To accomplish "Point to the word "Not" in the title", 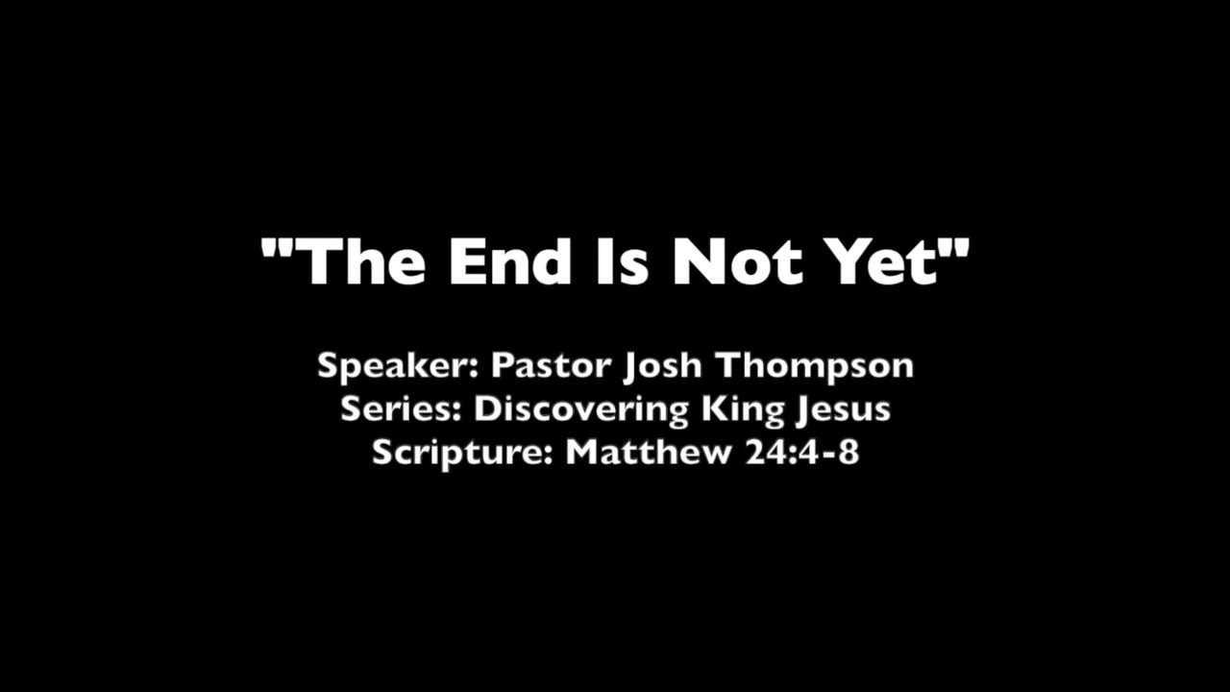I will click(737, 260).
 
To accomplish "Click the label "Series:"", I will click(402, 408).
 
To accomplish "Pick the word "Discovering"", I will click(582, 410).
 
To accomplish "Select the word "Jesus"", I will click(843, 410).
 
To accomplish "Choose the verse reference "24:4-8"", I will click(801, 452).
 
